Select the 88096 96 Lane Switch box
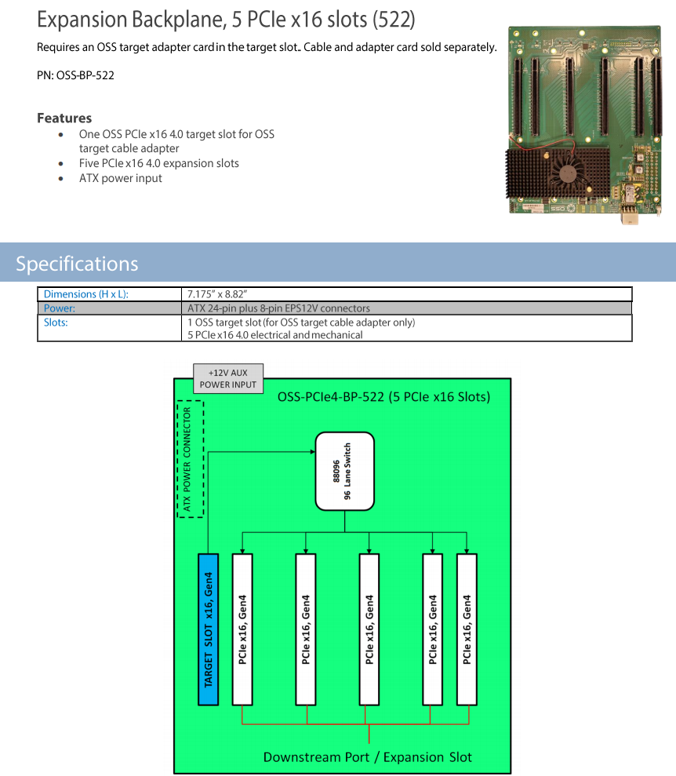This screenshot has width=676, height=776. pos(344,470)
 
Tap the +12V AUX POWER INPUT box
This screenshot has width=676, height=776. pos(227,378)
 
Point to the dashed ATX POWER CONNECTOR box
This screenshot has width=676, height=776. pos(188,459)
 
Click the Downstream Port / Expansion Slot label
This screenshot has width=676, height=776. pos(368,757)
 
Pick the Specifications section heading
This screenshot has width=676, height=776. pos(77,264)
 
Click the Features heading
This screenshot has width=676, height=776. pos(64,118)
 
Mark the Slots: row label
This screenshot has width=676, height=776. pos(56,322)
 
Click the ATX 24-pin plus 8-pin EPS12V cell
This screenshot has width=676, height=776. pos(278,308)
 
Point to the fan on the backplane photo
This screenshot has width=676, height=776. pos(569,170)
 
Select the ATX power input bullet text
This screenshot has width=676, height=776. pos(121,178)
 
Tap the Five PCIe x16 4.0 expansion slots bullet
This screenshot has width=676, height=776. pos(158,163)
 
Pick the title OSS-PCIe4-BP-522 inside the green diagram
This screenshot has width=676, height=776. pos(383,397)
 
